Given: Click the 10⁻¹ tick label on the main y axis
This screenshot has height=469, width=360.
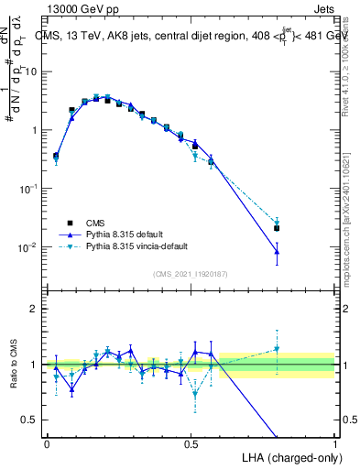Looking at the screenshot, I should (x=27, y=189).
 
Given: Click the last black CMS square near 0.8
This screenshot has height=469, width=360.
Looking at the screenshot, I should (x=277, y=228).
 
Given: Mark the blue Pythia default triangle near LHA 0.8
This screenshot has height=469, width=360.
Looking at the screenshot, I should (x=277, y=251).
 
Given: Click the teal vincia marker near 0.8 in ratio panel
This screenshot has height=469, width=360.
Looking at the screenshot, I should (x=277, y=349).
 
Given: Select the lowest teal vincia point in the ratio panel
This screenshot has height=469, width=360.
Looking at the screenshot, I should (x=195, y=395).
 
